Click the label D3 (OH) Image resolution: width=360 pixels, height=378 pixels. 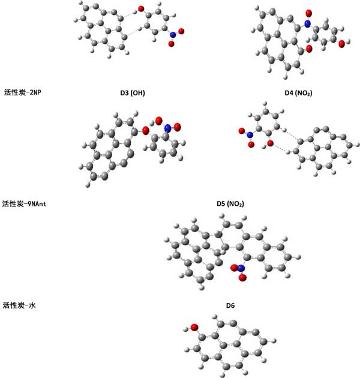point(133,93)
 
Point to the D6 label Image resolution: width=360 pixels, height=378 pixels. point(230,306)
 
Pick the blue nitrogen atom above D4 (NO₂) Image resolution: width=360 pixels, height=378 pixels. point(307,24)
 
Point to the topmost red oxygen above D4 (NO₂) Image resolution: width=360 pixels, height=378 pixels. point(310,13)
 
